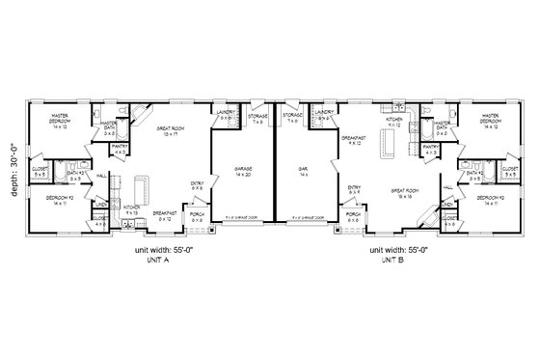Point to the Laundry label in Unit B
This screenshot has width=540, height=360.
324,116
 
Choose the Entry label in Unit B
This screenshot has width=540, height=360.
354,189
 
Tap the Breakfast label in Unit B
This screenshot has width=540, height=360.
351,141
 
